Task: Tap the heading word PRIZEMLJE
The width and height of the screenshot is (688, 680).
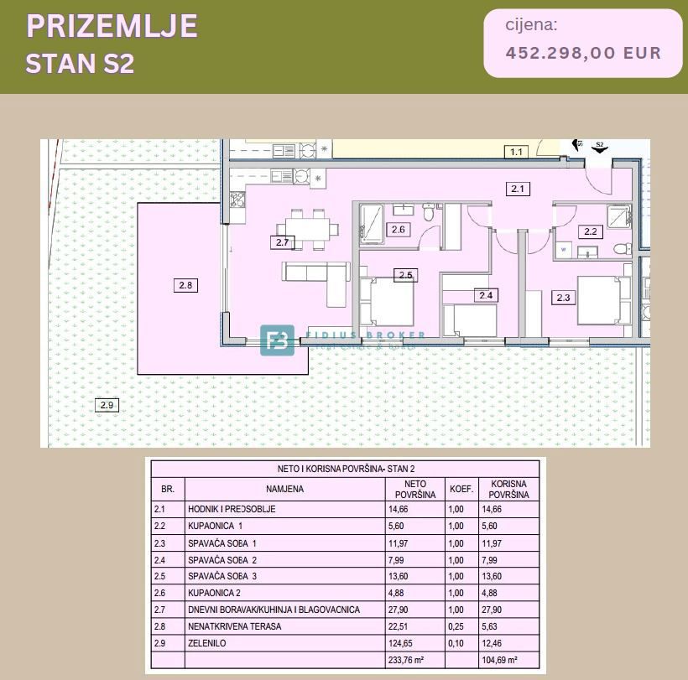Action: coord(112,27)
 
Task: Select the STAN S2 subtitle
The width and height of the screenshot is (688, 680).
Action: coord(80,64)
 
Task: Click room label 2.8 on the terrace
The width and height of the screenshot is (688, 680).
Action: coord(185,285)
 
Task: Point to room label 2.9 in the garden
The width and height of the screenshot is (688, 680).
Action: coord(106,406)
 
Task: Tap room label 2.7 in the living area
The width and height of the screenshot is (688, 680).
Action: coord(281,243)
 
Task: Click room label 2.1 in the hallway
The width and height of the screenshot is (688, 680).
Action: coord(518,189)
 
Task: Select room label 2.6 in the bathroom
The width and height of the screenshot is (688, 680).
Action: coord(399,230)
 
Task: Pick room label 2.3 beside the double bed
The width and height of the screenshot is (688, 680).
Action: coord(563,297)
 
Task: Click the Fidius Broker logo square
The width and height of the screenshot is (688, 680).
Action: coord(277,340)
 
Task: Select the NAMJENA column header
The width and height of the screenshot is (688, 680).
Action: coord(285,490)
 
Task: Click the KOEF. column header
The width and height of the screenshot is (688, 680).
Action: coord(461,490)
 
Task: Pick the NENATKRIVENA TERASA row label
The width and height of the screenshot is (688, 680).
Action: coord(234,626)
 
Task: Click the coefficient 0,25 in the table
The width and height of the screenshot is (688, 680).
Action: coord(456,626)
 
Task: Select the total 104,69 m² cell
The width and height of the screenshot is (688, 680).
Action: coord(499,661)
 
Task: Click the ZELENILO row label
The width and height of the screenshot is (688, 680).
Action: coord(207,643)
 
